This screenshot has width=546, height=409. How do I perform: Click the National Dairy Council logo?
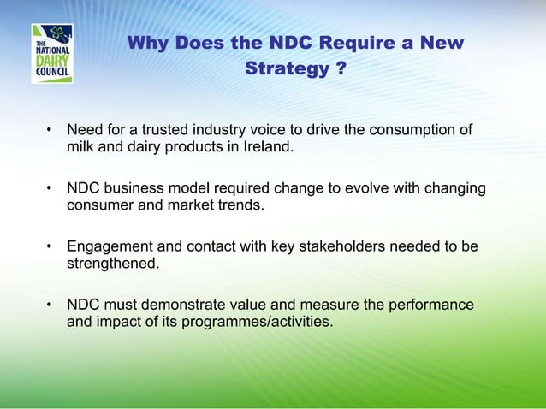[x=52, y=53]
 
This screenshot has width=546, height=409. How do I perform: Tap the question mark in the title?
[x=341, y=68]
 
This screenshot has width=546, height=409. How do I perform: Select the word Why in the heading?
[x=148, y=43]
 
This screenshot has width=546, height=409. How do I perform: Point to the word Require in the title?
[x=356, y=43]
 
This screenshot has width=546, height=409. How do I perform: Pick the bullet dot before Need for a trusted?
[x=50, y=130]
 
